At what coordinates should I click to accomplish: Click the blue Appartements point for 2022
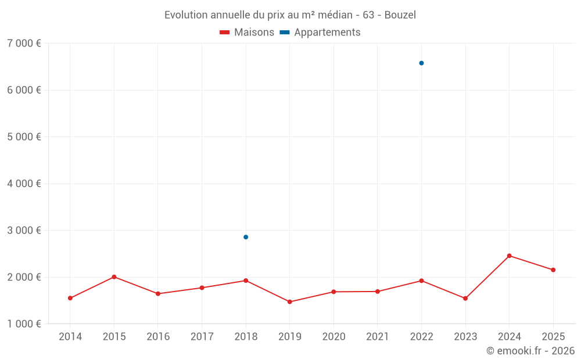421,63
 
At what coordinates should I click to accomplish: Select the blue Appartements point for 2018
246,237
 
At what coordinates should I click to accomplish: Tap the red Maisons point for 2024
509,256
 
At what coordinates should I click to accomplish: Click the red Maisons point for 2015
114,277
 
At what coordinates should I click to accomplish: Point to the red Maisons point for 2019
289,302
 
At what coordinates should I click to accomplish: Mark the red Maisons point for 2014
70,299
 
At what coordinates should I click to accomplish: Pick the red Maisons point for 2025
553,270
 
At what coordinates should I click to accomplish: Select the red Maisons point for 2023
465,299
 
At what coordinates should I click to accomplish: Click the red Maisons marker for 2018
246,281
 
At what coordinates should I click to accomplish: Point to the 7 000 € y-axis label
24,44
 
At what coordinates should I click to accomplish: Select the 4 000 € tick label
24,184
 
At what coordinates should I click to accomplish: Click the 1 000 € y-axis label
24,324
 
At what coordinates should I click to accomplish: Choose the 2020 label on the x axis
333,337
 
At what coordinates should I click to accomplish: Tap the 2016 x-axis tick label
158,337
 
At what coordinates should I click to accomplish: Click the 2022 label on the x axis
421,337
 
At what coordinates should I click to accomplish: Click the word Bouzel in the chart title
400,15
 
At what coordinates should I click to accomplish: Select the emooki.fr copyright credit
530,351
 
